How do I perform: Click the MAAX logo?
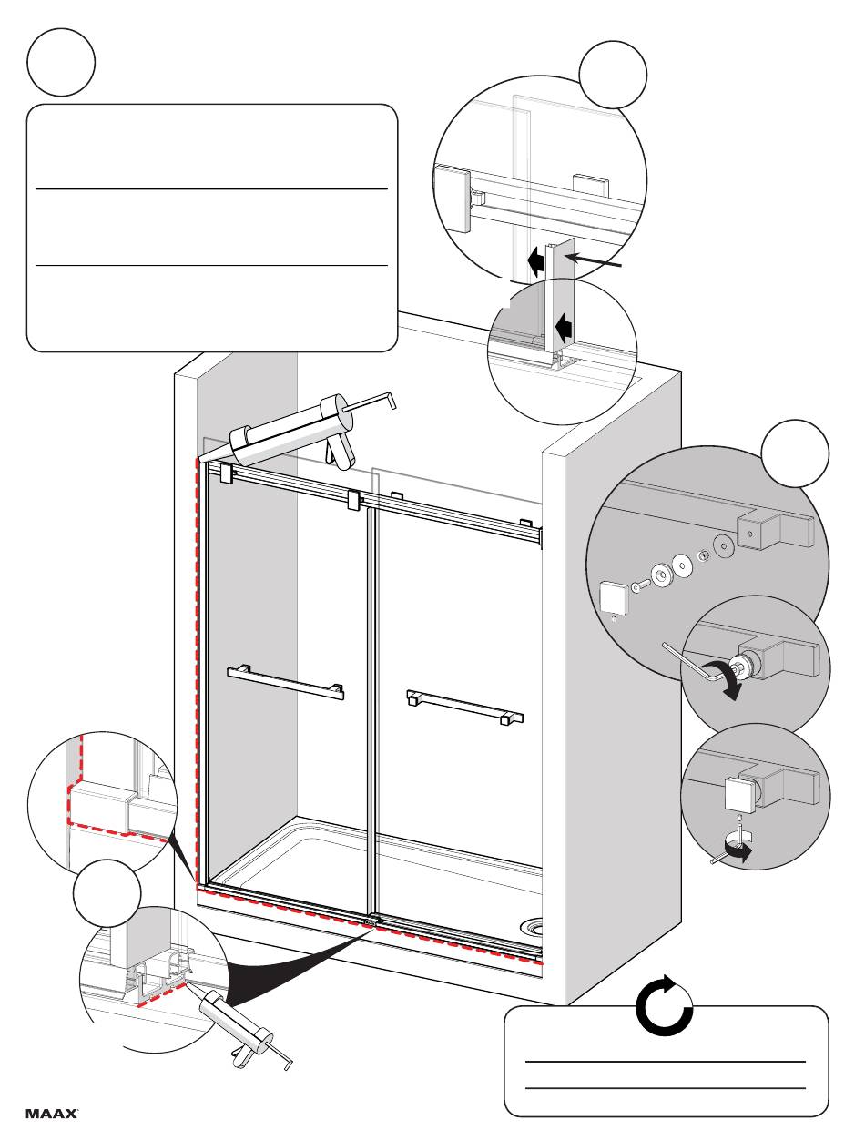(x=51, y=1113)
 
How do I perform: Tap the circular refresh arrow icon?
(x=665, y=1007)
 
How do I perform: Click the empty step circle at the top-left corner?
(x=61, y=62)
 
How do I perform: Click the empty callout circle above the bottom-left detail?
(x=107, y=893)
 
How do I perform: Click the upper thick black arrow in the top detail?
(x=536, y=262)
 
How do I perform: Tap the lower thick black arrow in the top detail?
(x=565, y=323)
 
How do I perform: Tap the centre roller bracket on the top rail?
(x=355, y=500)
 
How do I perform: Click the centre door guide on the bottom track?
(x=371, y=922)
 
